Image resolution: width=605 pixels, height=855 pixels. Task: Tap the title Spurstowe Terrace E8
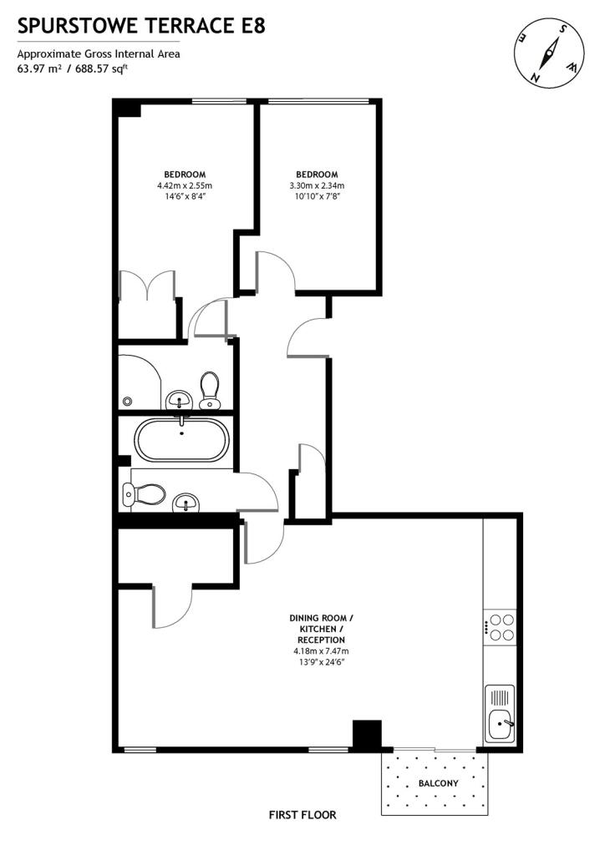click(141, 26)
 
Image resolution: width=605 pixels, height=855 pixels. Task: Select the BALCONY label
click(438, 783)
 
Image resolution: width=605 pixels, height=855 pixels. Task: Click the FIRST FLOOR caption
click(302, 814)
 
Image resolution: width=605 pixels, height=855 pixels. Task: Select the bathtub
click(180, 440)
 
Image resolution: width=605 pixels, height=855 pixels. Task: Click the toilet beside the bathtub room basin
click(141, 494)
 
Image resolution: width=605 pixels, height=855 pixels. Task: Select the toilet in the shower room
click(210, 390)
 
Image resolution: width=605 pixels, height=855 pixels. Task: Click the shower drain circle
click(128, 399)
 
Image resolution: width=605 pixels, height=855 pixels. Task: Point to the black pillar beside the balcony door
click(365, 735)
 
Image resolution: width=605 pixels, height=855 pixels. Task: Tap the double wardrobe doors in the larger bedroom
click(148, 286)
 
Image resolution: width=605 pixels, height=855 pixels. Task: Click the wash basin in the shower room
click(180, 402)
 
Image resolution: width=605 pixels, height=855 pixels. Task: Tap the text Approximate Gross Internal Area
click(99, 54)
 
